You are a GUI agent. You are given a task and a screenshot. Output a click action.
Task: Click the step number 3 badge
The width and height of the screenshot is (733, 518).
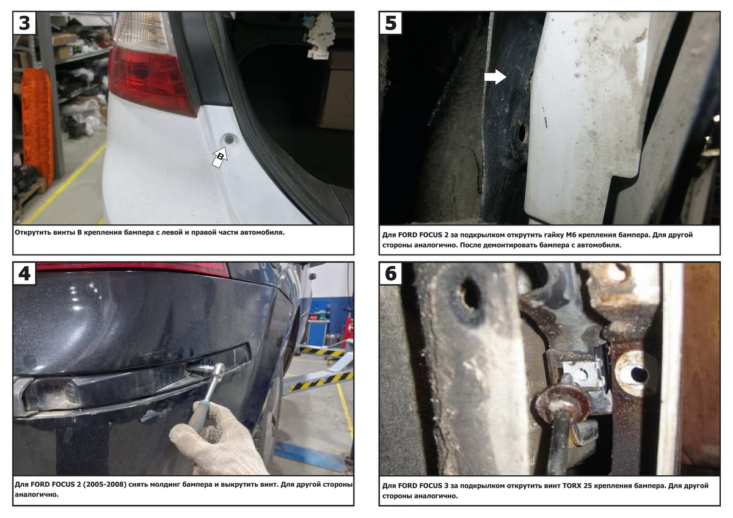pos(24,23)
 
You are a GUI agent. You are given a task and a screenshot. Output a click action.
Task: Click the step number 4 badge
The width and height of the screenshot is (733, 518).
pos(24,274)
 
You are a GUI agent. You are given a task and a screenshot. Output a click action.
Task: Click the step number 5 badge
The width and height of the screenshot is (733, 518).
pos(391,23)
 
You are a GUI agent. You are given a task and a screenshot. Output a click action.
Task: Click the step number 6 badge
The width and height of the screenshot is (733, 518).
pos(391,274)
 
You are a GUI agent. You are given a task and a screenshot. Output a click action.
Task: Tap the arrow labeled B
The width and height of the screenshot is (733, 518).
pos(219,158)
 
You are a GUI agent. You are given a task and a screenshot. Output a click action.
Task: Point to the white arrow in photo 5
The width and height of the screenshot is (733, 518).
pos(495,77)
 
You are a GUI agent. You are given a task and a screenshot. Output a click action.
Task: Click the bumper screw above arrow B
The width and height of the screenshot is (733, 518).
pos(228,140)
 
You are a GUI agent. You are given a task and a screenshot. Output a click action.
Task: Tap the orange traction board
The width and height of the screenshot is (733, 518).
pos(38,128)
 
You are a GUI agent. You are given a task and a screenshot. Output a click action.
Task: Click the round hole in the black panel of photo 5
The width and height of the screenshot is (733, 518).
pos(523,133)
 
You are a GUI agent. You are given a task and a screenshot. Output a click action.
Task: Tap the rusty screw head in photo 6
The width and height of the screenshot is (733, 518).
pos(561,403)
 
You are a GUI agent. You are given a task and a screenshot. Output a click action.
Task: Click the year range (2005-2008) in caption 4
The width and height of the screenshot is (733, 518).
pos(104,484)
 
